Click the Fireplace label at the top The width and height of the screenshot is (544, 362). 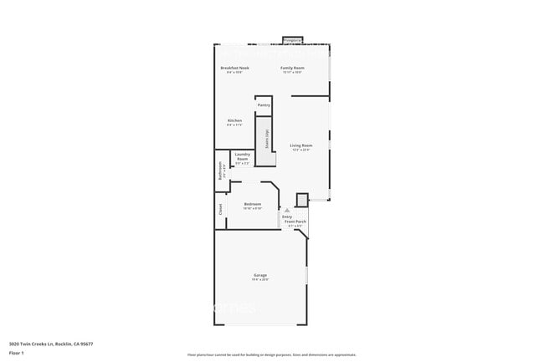pyautogui.click(x=292, y=40)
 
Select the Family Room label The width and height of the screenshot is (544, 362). pyautogui.click(x=292, y=68)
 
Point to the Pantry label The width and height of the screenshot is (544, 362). pyautogui.click(x=264, y=105)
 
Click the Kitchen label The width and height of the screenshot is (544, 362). pyautogui.click(x=234, y=120)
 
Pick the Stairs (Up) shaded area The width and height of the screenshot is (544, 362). pyautogui.click(x=266, y=139)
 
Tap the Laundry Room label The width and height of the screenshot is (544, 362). pyautogui.click(x=243, y=156)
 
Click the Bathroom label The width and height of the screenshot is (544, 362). pyautogui.click(x=220, y=171)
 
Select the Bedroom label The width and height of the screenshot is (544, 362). pyautogui.click(x=253, y=204)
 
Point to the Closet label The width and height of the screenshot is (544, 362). pyautogui.click(x=220, y=210)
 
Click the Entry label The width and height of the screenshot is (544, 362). pyautogui.click(x=286, y=217)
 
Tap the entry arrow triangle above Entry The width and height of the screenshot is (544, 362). pyautogui.click(x=286, y=210)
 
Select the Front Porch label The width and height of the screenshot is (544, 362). pyautogui.click(x=296, y=222)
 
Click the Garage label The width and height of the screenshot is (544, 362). pyautogui.click(x=260, y=275)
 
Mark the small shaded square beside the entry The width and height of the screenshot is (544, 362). pyautogui.click(x=302, y=200)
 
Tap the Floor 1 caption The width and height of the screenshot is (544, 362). pyautogui.click(x=18, y=353)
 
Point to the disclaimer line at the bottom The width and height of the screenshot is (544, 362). pyautogui.click(x=271, y=355)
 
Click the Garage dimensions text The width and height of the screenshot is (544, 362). pyautogui.click(x=260, y=279)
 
